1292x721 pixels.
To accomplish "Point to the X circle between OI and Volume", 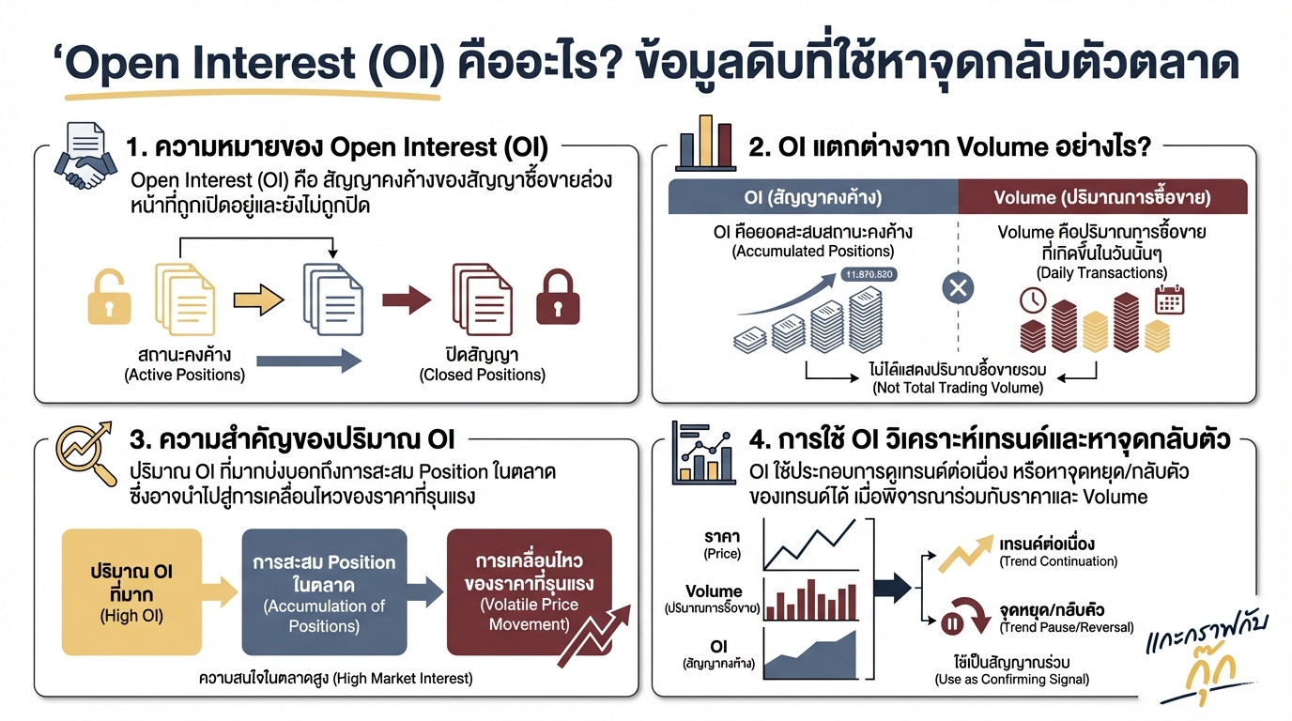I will [957, 288].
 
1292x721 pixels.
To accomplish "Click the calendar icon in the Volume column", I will [1169, 299].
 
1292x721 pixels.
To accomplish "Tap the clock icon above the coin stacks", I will [1033, 300].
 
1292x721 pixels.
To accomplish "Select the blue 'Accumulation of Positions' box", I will [324, 591].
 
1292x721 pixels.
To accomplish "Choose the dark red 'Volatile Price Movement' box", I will [529, 591].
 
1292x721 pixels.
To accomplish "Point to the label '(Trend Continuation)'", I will [1058, 561].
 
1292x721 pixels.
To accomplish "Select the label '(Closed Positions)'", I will [482, 375].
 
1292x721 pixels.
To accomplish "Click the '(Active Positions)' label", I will [185, 375].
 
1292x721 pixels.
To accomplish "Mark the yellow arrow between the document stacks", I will [257, 299].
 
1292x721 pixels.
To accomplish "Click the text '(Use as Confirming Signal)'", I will [1012, 679].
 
